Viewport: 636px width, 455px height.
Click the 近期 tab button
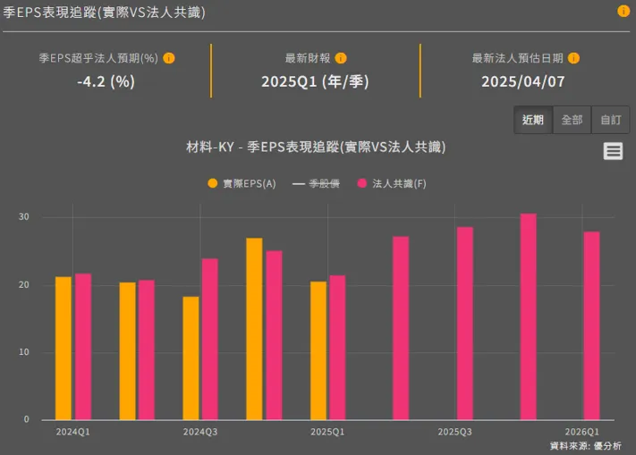533,120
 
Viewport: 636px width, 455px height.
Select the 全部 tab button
572,120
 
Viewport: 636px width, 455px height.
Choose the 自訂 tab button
610,120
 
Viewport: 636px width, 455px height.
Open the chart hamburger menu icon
613,151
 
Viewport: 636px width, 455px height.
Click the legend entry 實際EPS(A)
242,183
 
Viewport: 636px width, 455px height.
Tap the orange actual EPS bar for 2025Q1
318,350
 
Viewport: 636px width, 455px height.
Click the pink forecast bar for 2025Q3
464,323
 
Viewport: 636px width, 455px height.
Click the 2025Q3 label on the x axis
454,431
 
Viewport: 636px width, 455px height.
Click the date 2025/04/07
522,80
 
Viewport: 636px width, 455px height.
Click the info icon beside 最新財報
338,58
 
